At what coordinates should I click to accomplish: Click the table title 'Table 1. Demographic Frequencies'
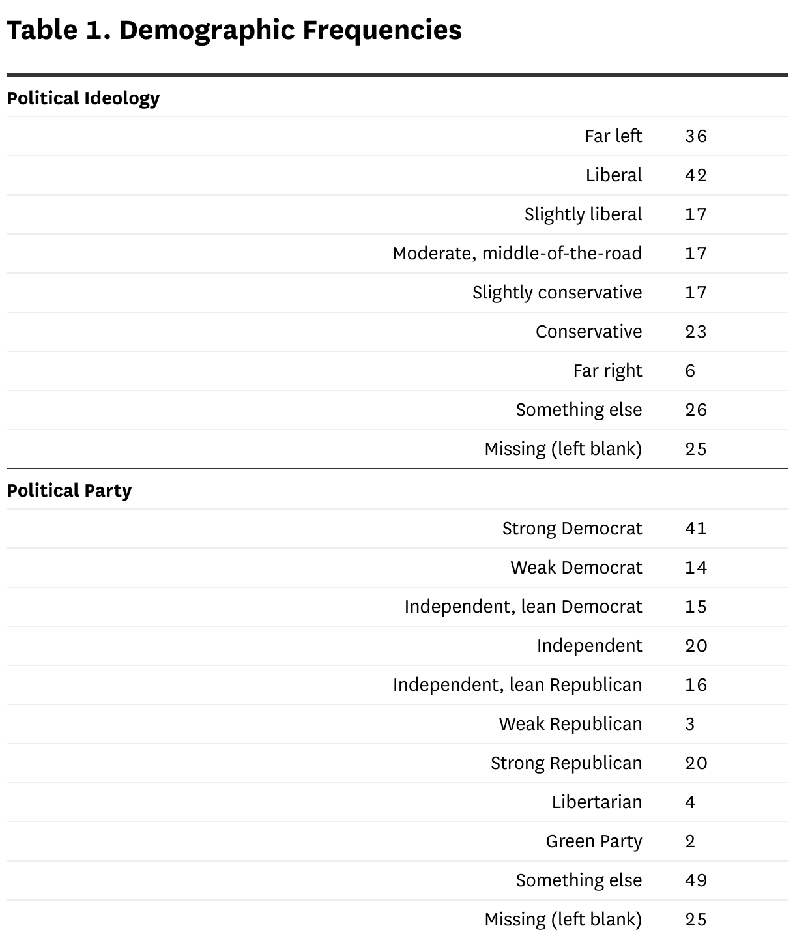point(234,31)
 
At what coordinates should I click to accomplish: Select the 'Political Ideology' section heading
point(83,98)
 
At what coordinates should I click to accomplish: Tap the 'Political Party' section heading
point(69,491)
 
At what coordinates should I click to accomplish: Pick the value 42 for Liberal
point(695,175)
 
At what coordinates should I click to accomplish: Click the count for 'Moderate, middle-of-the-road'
point(695,254)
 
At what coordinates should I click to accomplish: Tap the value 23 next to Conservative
point(695,332)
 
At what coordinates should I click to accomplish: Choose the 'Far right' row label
point(607,371)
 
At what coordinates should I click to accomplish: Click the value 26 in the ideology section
point(695,410)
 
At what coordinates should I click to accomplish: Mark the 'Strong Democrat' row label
point(571,529)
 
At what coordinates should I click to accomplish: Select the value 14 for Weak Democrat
point(695,568)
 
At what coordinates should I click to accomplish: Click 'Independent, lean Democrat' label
point(523,607)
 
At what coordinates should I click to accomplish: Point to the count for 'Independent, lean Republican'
point(695,685)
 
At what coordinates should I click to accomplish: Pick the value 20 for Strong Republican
point(695,763)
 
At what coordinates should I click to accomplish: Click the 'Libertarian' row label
point(596,802)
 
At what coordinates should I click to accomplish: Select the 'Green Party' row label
point(594,841)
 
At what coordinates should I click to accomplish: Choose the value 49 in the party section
point(695,880)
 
